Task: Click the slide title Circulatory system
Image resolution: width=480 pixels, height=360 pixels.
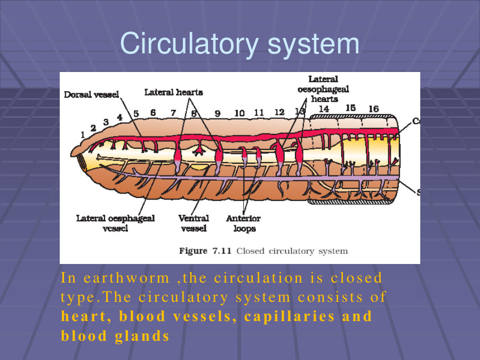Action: pyautogui.click(x=239, y=44)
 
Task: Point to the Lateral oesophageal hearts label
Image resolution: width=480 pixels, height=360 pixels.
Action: pyautogui.click(x=324, y=89)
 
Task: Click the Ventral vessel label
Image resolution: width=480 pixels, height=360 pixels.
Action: pyautogui.click(x=194, y=223)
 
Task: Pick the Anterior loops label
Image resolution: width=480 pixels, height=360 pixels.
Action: pyautogui.click(x=243, y=223)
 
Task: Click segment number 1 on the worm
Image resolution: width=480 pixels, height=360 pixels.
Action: pyautogui.click(x=83, y=135)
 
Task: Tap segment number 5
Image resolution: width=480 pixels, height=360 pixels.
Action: pyautogui.click(x=136, y=114)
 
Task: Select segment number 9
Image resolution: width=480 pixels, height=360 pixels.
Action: pyautogui.click(x=218, y=114)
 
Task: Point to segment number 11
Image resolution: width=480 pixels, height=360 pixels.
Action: pyautogui.click(x=259, y=113)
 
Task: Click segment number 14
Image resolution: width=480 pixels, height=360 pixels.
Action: pyautogui.click(x=323, y=109)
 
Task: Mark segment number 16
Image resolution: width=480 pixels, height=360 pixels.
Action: pyautogui.click(x=373, y=109)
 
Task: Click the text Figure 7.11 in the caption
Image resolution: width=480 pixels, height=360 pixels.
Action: pyautogui.click(x=205, y=251)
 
